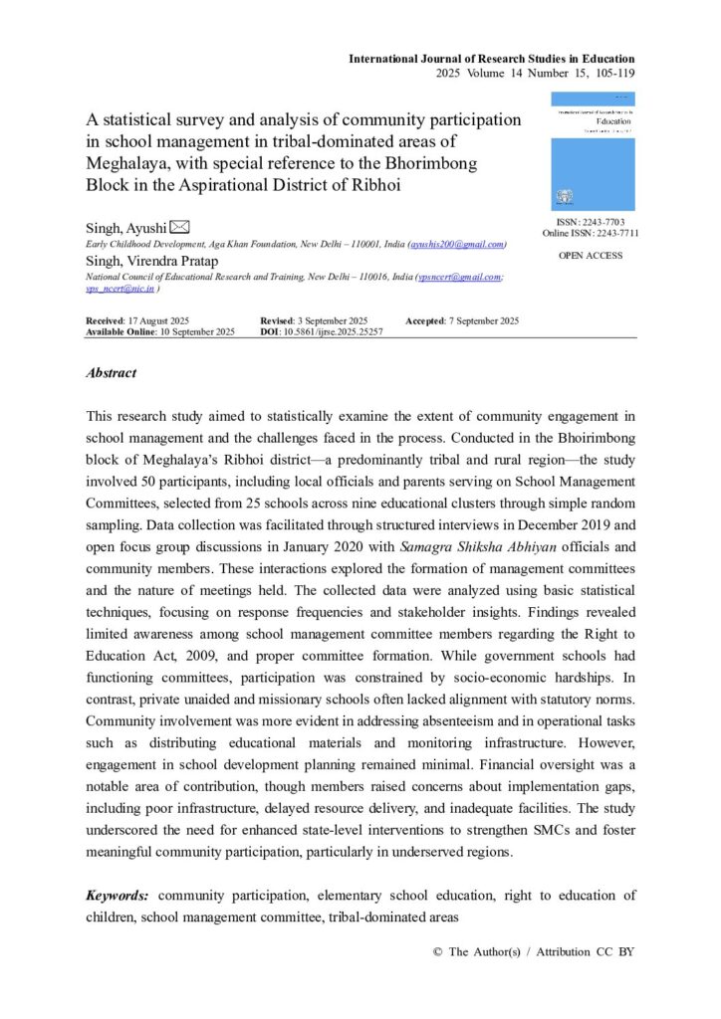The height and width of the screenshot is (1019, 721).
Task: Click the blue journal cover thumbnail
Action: click(x=593, y=151)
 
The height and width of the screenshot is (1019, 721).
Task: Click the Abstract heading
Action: click(x=111, y=373)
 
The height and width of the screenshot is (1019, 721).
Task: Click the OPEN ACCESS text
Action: click(x=591, y=256)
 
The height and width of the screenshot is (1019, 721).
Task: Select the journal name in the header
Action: click(x=491, y=59)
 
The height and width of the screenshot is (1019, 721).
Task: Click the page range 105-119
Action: click(x=608, y=73)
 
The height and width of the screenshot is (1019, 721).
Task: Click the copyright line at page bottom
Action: click(x=534, y=951)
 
